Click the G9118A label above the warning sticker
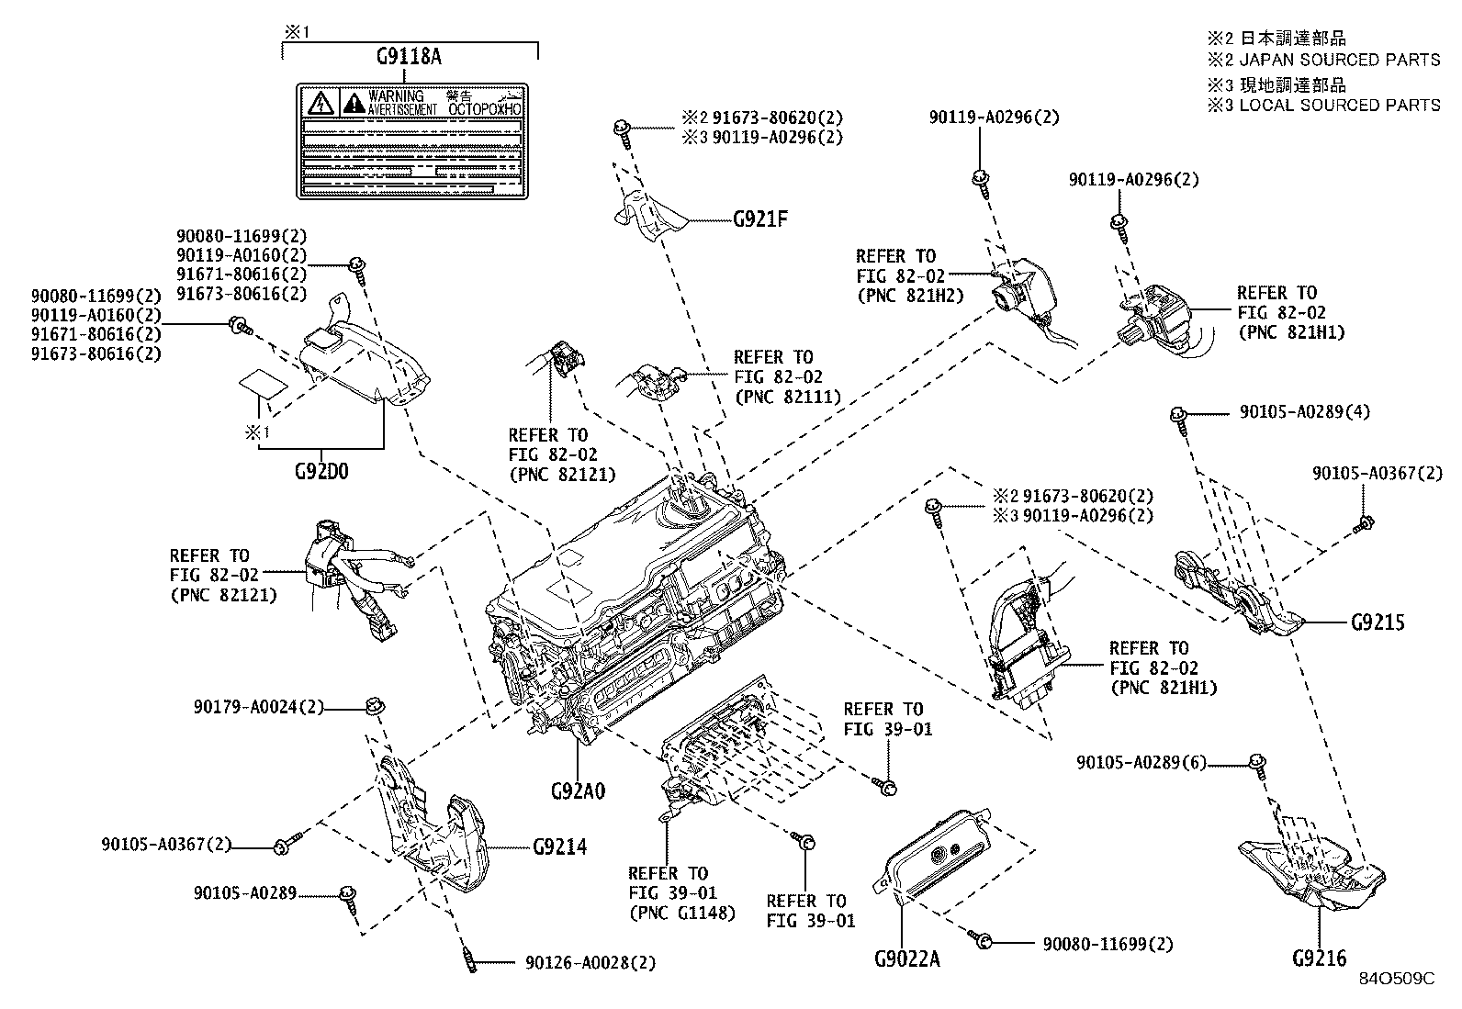409,57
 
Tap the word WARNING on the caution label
396,96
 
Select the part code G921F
761,219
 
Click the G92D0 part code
321,471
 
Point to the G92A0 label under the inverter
578,790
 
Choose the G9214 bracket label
559,846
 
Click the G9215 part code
1378,622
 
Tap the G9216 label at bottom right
1320,959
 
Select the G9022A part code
907,960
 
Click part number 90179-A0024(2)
259,707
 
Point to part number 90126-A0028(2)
590,963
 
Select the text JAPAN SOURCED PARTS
1340,60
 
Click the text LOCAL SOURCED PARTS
1340,105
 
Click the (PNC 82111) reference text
788,397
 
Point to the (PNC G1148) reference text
681,914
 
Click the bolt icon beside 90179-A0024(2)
375,706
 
